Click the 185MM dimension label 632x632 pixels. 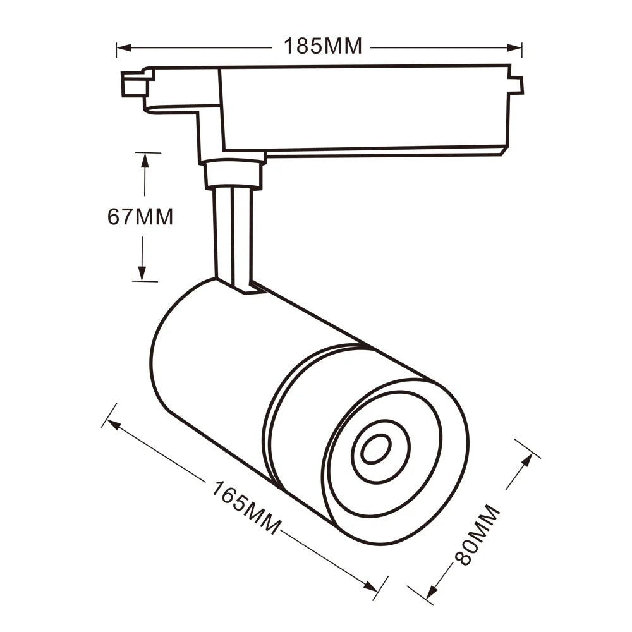323,46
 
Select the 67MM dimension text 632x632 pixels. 140,217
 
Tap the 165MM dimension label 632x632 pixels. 246,507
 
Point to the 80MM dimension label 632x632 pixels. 477,535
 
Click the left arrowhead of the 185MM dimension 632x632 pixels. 124,47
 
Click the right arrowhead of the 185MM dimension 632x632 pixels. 514,47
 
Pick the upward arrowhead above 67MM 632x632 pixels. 145,161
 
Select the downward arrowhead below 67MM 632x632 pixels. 142,273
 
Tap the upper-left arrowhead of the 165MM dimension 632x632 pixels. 114,425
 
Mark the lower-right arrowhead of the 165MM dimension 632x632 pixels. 370,586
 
